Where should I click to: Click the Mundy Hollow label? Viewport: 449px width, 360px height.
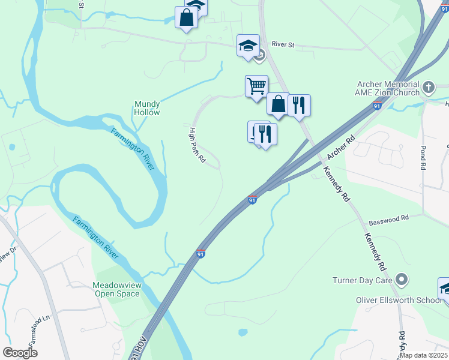147,108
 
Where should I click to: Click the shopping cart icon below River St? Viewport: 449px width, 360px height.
256,86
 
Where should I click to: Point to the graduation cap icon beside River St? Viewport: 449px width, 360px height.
248,46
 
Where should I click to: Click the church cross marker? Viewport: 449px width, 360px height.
429,88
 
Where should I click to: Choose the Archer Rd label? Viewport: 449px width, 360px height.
337,148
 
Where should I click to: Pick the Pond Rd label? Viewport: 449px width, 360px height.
423,157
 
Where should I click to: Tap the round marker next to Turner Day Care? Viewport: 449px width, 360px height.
403,280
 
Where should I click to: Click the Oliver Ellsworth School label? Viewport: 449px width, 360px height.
398,300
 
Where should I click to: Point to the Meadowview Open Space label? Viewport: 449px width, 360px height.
116,289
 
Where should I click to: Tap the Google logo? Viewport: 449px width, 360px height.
20,352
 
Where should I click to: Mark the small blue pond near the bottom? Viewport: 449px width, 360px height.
243,332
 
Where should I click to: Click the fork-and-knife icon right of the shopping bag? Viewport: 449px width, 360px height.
298,105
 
